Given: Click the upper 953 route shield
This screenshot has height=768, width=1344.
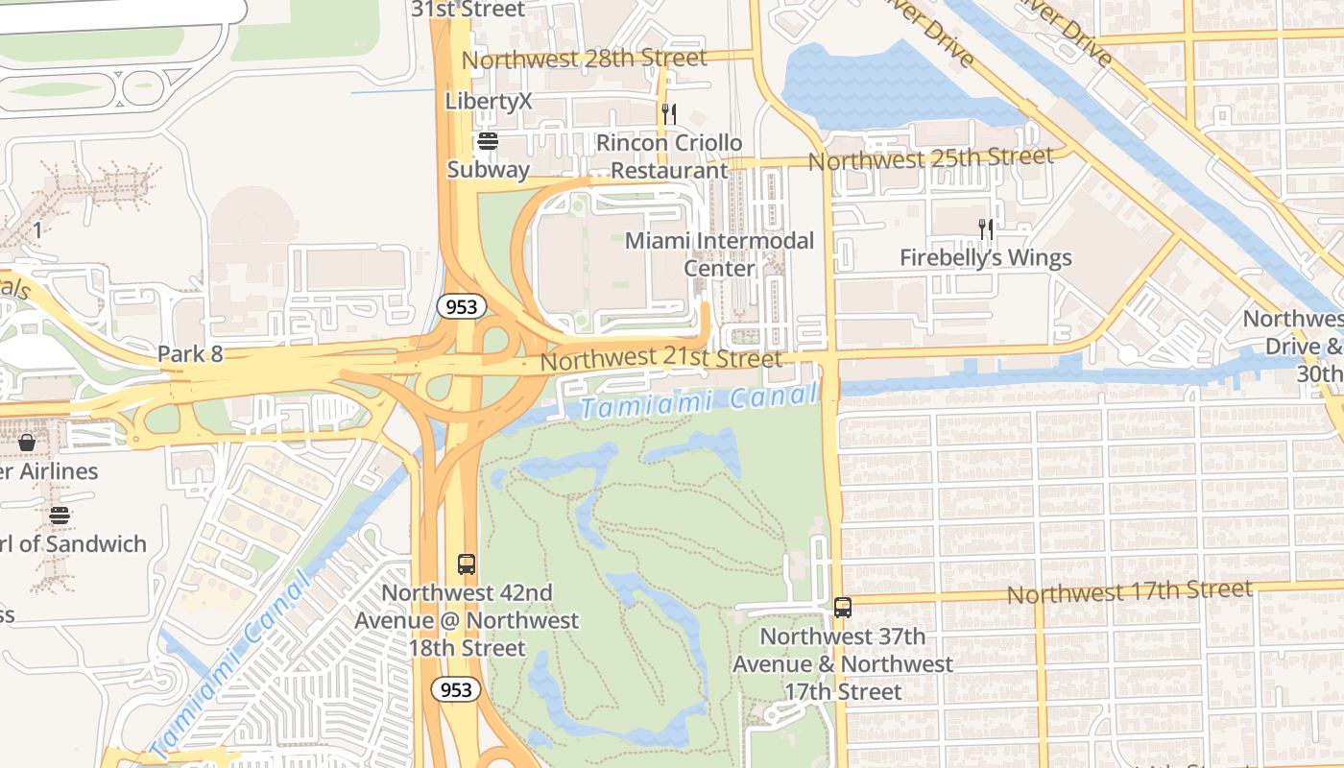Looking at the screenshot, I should pos(461,307).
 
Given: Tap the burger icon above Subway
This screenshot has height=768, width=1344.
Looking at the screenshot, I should pos(488,142).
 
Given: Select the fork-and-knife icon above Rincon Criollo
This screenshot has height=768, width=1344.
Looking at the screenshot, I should pos(669,114).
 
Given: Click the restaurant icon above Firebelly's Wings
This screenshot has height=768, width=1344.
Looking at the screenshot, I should pos(986,229).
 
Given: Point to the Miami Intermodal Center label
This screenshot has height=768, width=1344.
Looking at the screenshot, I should pos(719,254).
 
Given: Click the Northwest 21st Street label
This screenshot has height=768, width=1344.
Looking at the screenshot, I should pos(660,360).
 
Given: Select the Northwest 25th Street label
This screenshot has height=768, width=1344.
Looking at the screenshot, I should pos(930,158).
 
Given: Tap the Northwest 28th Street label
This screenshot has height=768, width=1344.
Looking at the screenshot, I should pos(584,60).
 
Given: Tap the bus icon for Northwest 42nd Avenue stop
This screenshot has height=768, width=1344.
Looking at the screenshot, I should pos(467,564).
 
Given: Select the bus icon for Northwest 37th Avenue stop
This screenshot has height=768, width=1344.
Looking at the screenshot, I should pos(843,608).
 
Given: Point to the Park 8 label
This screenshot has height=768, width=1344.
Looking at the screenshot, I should pos(190,354).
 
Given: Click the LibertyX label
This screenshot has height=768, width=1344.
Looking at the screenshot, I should pos(489,101).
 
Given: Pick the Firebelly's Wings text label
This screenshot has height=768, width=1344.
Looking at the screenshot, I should pos(985,258).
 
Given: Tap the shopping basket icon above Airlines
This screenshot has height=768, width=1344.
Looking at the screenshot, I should pos(27,443).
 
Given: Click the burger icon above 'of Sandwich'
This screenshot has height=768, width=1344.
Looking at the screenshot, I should pos(60,516).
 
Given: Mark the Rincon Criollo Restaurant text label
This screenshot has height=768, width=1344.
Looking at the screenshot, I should pos(670,156).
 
